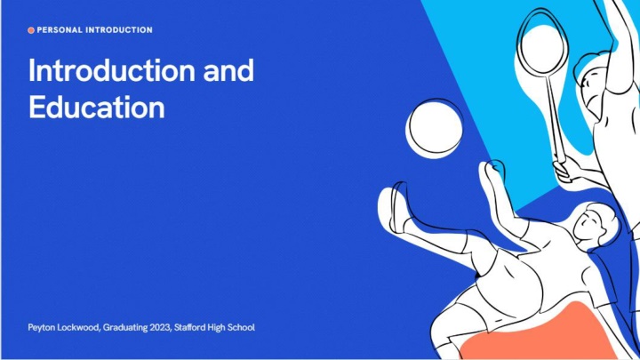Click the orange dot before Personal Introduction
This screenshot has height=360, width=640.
pyautogui.click(x=31, y=30)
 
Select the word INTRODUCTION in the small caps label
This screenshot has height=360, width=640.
pyautogui.click(x=119, y=30)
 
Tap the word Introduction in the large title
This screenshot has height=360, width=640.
pyautogui.click(x=112, y=70)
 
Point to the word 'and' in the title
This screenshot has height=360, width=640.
pyautogui.click(x=228, y=70)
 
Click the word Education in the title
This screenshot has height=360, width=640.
pyautogui.click(x=97, y=107)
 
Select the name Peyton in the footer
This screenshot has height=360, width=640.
pyautogui.click(x=41, y=328)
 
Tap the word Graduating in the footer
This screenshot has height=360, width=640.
pyautogui.click(x=125, y=328)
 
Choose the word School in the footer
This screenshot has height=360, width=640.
pyautogui.click(x=241, y=327)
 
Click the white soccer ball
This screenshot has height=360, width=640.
pyautogui.click(x=435, y=128)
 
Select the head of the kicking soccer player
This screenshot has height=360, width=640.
pyautogui.click(x=595, y=223)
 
